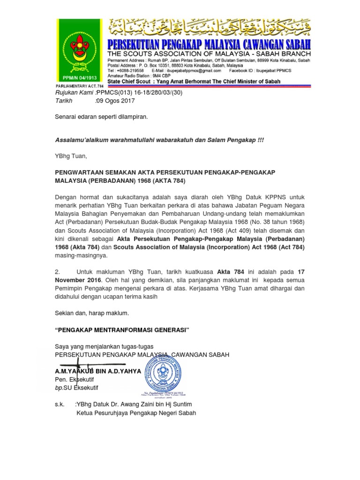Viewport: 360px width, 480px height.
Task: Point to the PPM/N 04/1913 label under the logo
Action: (78, 78)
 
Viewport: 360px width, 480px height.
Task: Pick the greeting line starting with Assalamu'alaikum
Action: (159, 140)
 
